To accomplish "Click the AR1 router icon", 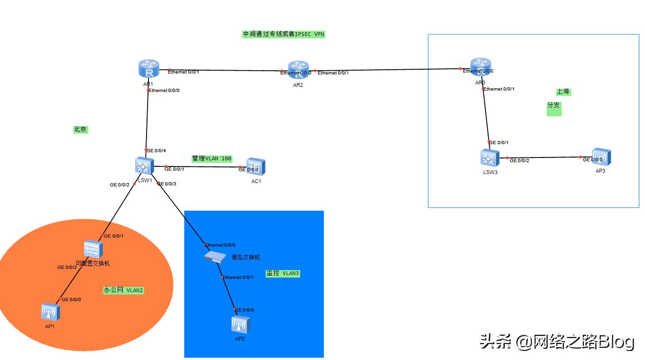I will point(149,69).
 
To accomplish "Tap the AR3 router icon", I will point(480,68).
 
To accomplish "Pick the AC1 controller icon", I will point(257,167).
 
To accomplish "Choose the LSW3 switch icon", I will point(489,158).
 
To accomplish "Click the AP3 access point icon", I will point(601,157).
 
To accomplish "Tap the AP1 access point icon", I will point(50,312).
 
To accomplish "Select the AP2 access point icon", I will point(240,325).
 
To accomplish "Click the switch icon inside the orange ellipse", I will point(93,249).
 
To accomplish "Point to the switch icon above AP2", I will point(215,257).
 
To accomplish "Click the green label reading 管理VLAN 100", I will point(212,158).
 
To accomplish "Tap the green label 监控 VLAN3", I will point(283,274).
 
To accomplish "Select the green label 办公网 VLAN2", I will point(123,290).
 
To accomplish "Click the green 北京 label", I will point(81,129).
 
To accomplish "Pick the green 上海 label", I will point(563,92).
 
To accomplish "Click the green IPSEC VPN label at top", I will point(284,34).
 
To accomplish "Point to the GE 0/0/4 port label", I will point(157,151).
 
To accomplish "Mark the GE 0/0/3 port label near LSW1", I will point(167,184).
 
